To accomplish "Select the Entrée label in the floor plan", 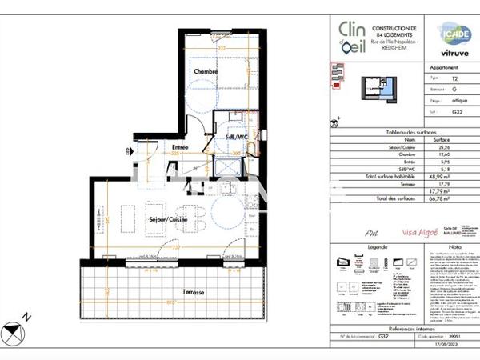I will [180, 147].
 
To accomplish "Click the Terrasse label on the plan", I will [192, 292].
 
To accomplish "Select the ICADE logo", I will [454, 34].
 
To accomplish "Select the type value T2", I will [455, 79].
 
